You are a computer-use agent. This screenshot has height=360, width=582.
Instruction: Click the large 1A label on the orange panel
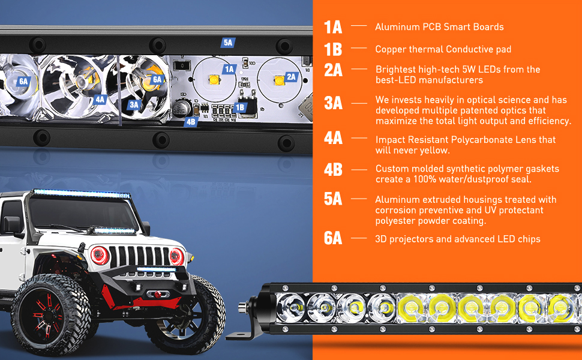[333, 27]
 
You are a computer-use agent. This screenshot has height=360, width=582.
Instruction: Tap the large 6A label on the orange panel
[333, 238]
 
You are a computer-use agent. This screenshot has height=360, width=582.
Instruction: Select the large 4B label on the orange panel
[333, 169]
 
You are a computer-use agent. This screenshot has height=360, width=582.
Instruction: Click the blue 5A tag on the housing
[228, 43]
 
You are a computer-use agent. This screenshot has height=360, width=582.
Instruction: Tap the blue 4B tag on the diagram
[191, 121]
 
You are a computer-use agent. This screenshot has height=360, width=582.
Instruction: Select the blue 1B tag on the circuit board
[240, 107]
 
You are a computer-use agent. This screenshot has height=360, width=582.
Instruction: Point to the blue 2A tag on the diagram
[292, 77]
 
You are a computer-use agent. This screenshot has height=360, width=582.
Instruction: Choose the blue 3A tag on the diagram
[134, 105]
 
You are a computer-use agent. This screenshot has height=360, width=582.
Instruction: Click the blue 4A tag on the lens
[100, 100]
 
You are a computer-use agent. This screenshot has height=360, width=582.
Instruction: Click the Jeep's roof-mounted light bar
[81, 194]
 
